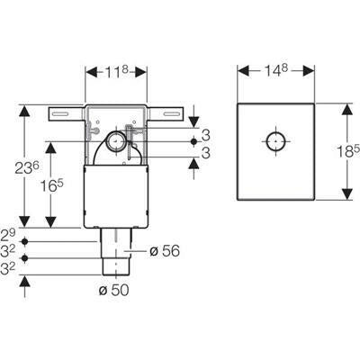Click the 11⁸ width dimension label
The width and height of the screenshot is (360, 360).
(x=116, y=72)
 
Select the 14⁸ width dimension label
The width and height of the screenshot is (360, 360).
(x=276, y=70)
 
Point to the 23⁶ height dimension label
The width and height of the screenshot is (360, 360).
(x=27, y=167)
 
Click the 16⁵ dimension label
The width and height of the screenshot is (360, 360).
(x=52, y=186)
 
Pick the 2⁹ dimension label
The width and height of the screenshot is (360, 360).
(x=7, y=236)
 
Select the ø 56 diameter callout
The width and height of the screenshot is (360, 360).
(x=165, y=251)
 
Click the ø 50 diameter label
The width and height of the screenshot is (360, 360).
(x=114, y=290)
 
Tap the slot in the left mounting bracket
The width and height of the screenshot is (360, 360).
(x=62, y=113)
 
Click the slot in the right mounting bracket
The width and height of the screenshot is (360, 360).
(x=171, y=113)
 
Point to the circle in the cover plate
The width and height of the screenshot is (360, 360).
(x=275, y=141)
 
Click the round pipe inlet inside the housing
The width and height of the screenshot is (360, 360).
(x=115, y=140)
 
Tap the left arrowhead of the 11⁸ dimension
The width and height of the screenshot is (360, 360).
(x=92, y=72)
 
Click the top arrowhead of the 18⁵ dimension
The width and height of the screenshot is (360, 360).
(x=347, y=109)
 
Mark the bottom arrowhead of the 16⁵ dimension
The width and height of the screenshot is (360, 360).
(x=51, y=221)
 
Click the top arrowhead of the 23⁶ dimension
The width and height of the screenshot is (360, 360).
(x=25, y=111)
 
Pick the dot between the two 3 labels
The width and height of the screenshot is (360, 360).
(x=194, y=141)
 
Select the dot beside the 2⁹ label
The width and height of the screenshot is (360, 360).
(x=25, y=241)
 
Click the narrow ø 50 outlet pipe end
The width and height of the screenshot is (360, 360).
(x=116, y=266)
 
